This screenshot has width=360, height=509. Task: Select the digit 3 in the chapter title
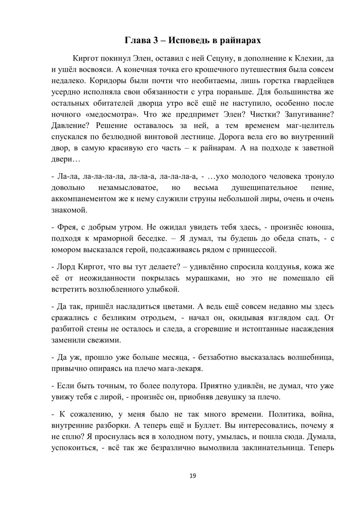[156, 40]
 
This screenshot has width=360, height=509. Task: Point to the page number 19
[193, 476]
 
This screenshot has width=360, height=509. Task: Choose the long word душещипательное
[264, 188]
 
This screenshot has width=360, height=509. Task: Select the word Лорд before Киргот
[66, 267]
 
